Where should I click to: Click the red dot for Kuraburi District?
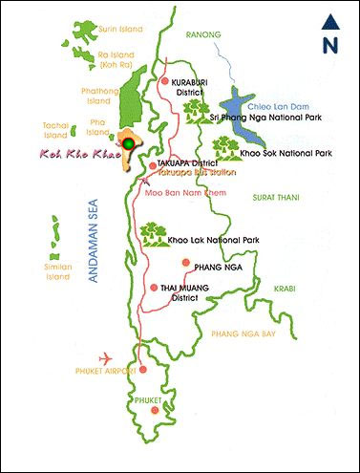(164, 83)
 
